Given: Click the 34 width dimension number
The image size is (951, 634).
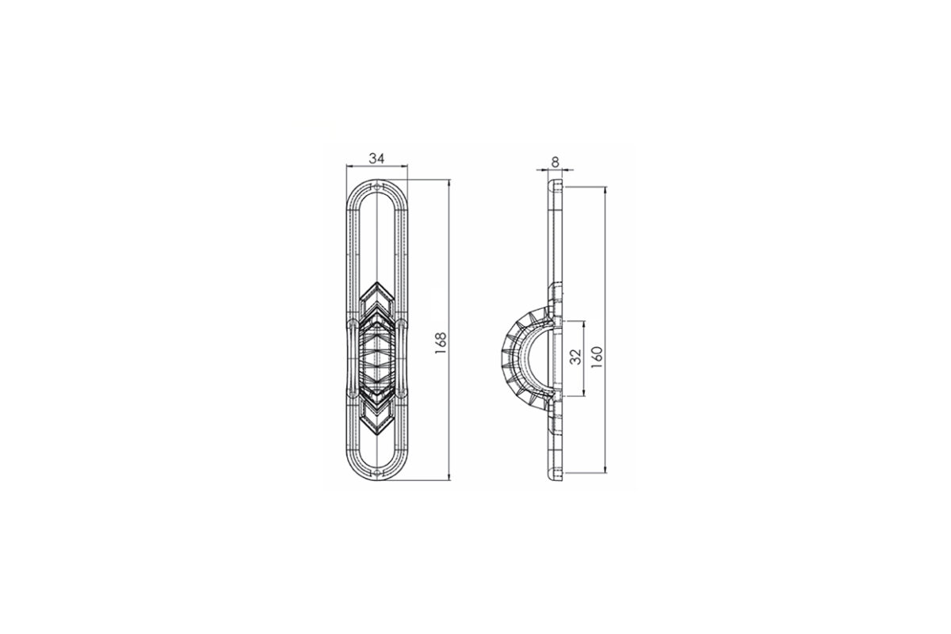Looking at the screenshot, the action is pyautogui.click(x=376, y=158).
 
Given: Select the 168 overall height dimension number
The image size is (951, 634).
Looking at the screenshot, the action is pyautogui.click(x=441, y=342).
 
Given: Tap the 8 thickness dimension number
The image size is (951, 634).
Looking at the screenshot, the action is pyautogui.click(x=555, y=162).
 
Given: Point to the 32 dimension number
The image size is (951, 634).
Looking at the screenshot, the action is pyautogui.click(x=575, y=357).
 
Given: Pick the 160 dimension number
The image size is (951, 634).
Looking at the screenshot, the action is pyautogui.click(x=597, y=357).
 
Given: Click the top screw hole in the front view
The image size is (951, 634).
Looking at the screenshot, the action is pyautogui.click(x=377, y=186).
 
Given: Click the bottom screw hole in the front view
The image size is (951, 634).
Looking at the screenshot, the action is pyautogui.click(x=377, y=472).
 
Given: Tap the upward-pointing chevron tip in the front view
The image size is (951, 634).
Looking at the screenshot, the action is pyautogui.click(x=377, y=281).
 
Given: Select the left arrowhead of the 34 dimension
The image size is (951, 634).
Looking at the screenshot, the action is pyautogui.click(x=349, y=166).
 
